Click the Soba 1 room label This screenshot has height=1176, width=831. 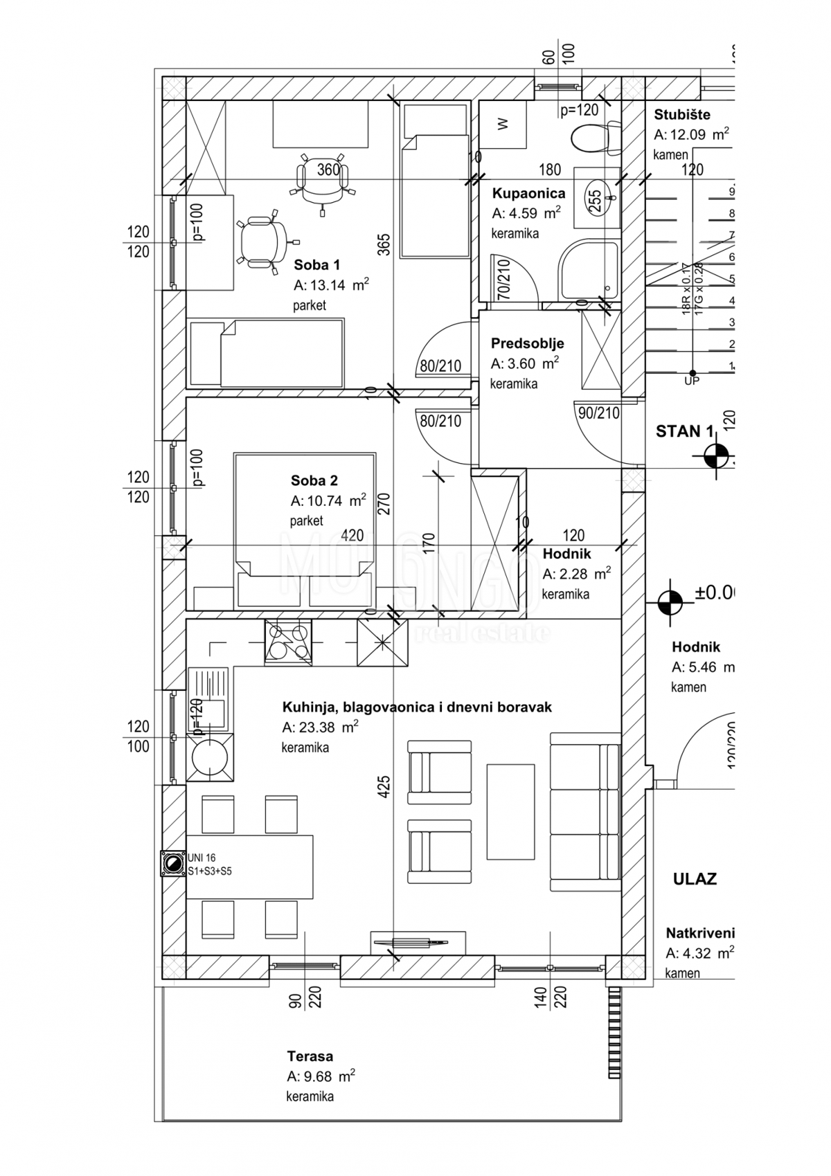(x=316, y=264)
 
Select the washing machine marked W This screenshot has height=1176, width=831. (x=503, y=124)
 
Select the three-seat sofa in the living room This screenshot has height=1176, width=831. (x=584, y=812)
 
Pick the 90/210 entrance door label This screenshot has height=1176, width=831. (x=598, y=413)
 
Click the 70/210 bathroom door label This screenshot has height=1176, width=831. (x=503, y=278)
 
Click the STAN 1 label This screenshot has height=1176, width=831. (x=683, y=431)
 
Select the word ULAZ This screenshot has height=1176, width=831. (x=695, y=879)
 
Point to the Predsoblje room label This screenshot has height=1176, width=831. (x=527, y=343)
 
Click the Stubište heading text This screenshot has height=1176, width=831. (x=682, y=115)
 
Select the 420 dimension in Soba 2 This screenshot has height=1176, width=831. (x=352, y=536)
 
